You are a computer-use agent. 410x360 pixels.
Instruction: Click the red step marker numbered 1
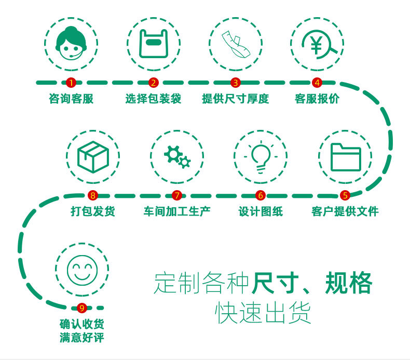[71, 83]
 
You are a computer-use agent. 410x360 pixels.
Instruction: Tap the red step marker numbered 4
[317, 83]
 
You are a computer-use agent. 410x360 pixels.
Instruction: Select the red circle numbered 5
[345, 196]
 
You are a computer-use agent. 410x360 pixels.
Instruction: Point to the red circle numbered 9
[81, 309]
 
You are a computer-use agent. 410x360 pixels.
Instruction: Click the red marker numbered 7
[177, 196]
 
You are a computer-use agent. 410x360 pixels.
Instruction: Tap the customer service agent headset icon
[71, 44]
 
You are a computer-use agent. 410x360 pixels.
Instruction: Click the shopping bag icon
[153, 44]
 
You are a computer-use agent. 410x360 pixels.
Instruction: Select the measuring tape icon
[235, 44]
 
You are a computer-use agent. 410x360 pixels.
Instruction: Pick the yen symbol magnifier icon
[317, 44]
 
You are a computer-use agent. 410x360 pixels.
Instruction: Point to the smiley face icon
[82, 270]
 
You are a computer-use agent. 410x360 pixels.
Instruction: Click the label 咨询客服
[71, 99]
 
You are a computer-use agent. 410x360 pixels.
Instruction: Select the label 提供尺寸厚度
[235, 99]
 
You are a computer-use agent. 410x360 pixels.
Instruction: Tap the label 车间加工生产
[177, 211]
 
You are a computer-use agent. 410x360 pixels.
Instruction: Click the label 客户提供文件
[345, 211]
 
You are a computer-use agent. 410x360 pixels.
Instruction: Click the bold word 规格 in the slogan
[349, 283]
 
